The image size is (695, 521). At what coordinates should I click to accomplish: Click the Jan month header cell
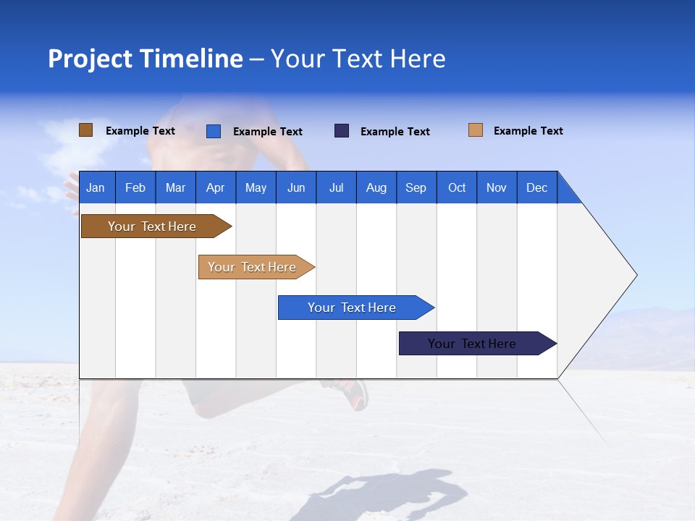96,187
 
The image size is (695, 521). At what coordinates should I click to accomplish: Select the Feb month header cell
135,187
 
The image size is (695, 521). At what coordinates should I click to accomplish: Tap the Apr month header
216,187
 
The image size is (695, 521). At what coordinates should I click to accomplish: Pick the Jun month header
296,187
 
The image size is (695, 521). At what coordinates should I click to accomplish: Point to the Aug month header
376,187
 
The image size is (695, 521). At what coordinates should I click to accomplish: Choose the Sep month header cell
416,187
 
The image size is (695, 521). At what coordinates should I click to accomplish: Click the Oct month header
457,187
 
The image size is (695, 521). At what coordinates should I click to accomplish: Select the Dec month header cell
537,187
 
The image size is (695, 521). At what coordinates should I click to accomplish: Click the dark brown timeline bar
152,226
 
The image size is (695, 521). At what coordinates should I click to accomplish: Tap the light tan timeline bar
253,267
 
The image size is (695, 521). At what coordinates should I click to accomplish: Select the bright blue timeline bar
352,308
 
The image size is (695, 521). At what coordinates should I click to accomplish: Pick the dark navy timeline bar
473,344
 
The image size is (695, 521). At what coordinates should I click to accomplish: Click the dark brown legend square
85,130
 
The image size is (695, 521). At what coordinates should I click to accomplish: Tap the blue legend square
213,131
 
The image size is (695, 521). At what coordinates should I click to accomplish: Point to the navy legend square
342,131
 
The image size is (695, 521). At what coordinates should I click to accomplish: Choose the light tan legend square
475,130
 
